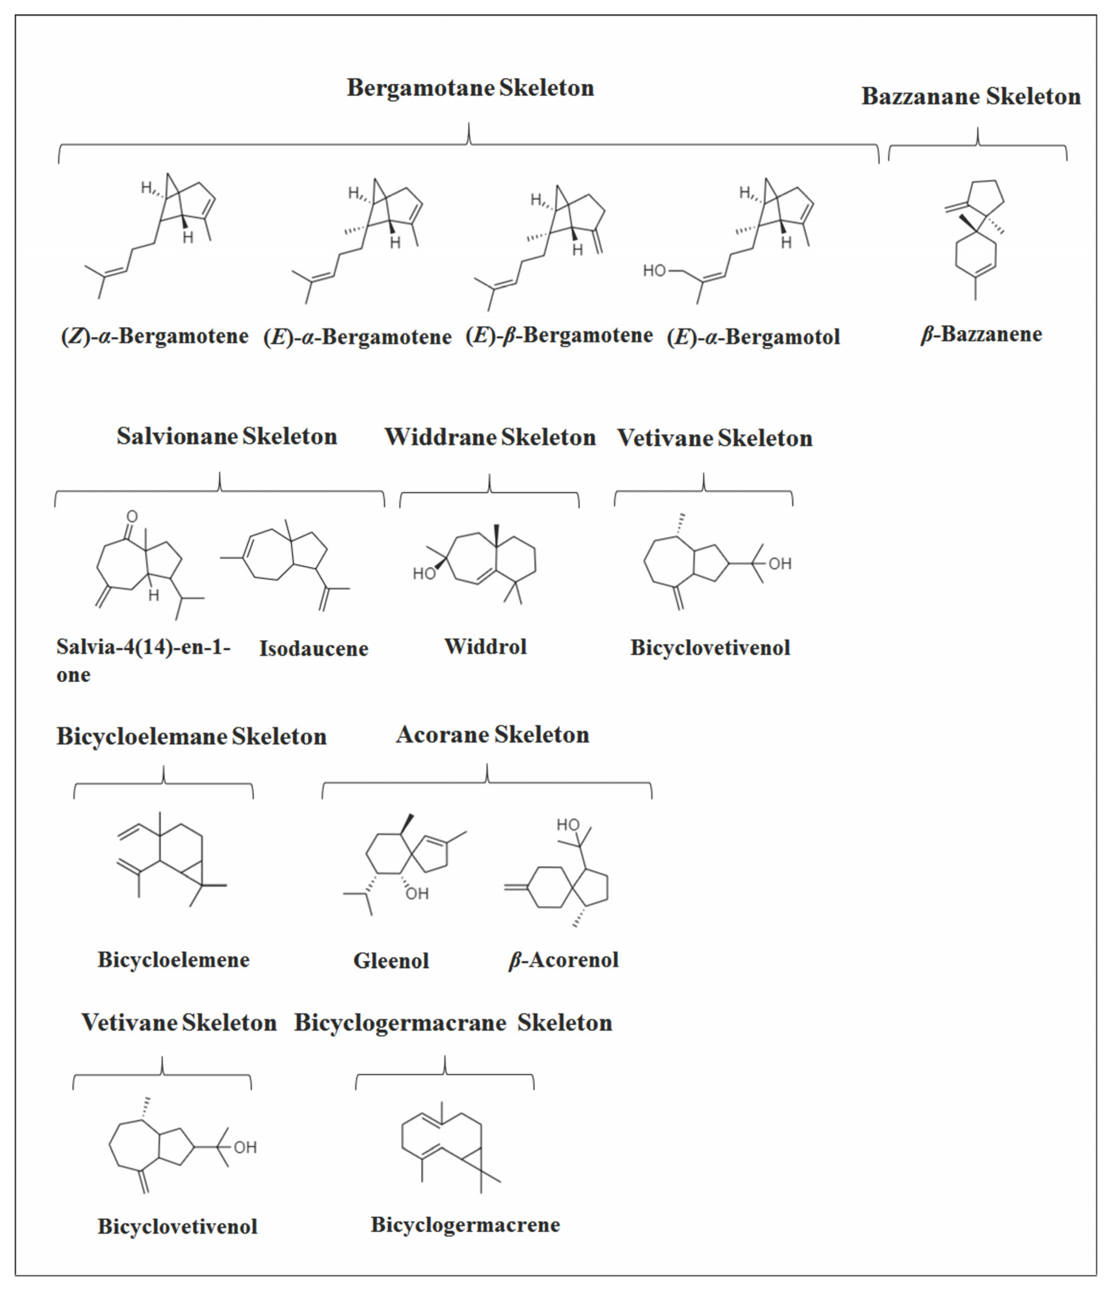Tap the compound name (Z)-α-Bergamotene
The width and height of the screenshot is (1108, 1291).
click(x=155, y=337)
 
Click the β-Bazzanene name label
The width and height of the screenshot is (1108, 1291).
click(x=981, y=334)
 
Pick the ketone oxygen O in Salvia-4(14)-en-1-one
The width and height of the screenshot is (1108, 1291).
click(x=132, y=517)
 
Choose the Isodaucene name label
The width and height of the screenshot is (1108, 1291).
click(x=313, y=649)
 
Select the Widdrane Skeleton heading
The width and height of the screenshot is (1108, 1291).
click(x=490, y=437)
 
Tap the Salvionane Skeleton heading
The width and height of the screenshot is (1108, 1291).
click(x=226, y=436)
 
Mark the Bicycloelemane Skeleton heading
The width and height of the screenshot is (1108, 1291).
click(x=191, y=737)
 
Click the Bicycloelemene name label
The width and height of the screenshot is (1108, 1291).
click(x=173, y=960)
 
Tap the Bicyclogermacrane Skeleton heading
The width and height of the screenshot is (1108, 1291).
click(x=453, y=1023)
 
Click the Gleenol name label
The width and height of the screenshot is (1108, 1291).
click(x=391, y=961)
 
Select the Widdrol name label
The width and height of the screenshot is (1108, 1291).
click(x=485, y=647)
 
